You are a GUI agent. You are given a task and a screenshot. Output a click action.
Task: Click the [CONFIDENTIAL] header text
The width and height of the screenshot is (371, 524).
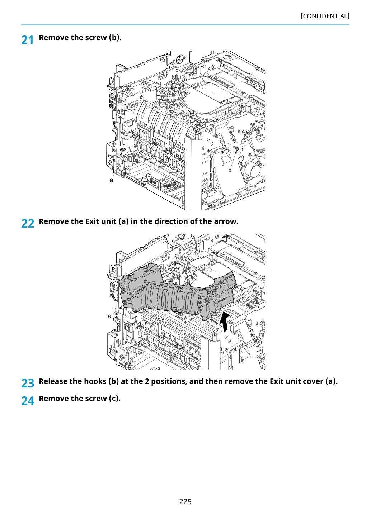pyautogui.click(x=325, y=16)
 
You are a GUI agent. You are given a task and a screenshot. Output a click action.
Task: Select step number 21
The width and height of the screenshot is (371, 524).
pyautogui.click(x=27, y=40)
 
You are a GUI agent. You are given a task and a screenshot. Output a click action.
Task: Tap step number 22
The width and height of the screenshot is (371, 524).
pyautogui.click(x=28, y=223)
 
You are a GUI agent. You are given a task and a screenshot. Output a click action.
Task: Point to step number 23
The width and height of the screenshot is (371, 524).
pyautogui.click(x=28, y=383)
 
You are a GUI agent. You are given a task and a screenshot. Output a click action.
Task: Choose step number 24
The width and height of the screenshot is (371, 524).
pyautogui.click(x=28, y=401)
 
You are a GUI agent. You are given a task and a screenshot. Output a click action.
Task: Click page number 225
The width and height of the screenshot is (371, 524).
pyautogui.click(x=185, y=501)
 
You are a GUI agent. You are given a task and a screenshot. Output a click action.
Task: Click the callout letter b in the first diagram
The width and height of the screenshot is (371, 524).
pyautogui.click(x=230, y=170)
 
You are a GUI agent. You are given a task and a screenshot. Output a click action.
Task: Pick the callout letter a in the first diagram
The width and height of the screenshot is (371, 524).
pyautogui.click(x=111, y=180)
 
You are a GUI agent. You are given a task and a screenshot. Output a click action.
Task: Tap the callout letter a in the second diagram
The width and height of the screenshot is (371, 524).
pyautogui.click(x=109, y=316)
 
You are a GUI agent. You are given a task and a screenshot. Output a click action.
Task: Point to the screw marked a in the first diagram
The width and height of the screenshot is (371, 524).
pyautogui.click(x=123, y=149)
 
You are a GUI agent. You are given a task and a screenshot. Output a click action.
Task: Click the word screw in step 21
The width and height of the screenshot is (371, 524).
pyautogui.click(x=96, y=37)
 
